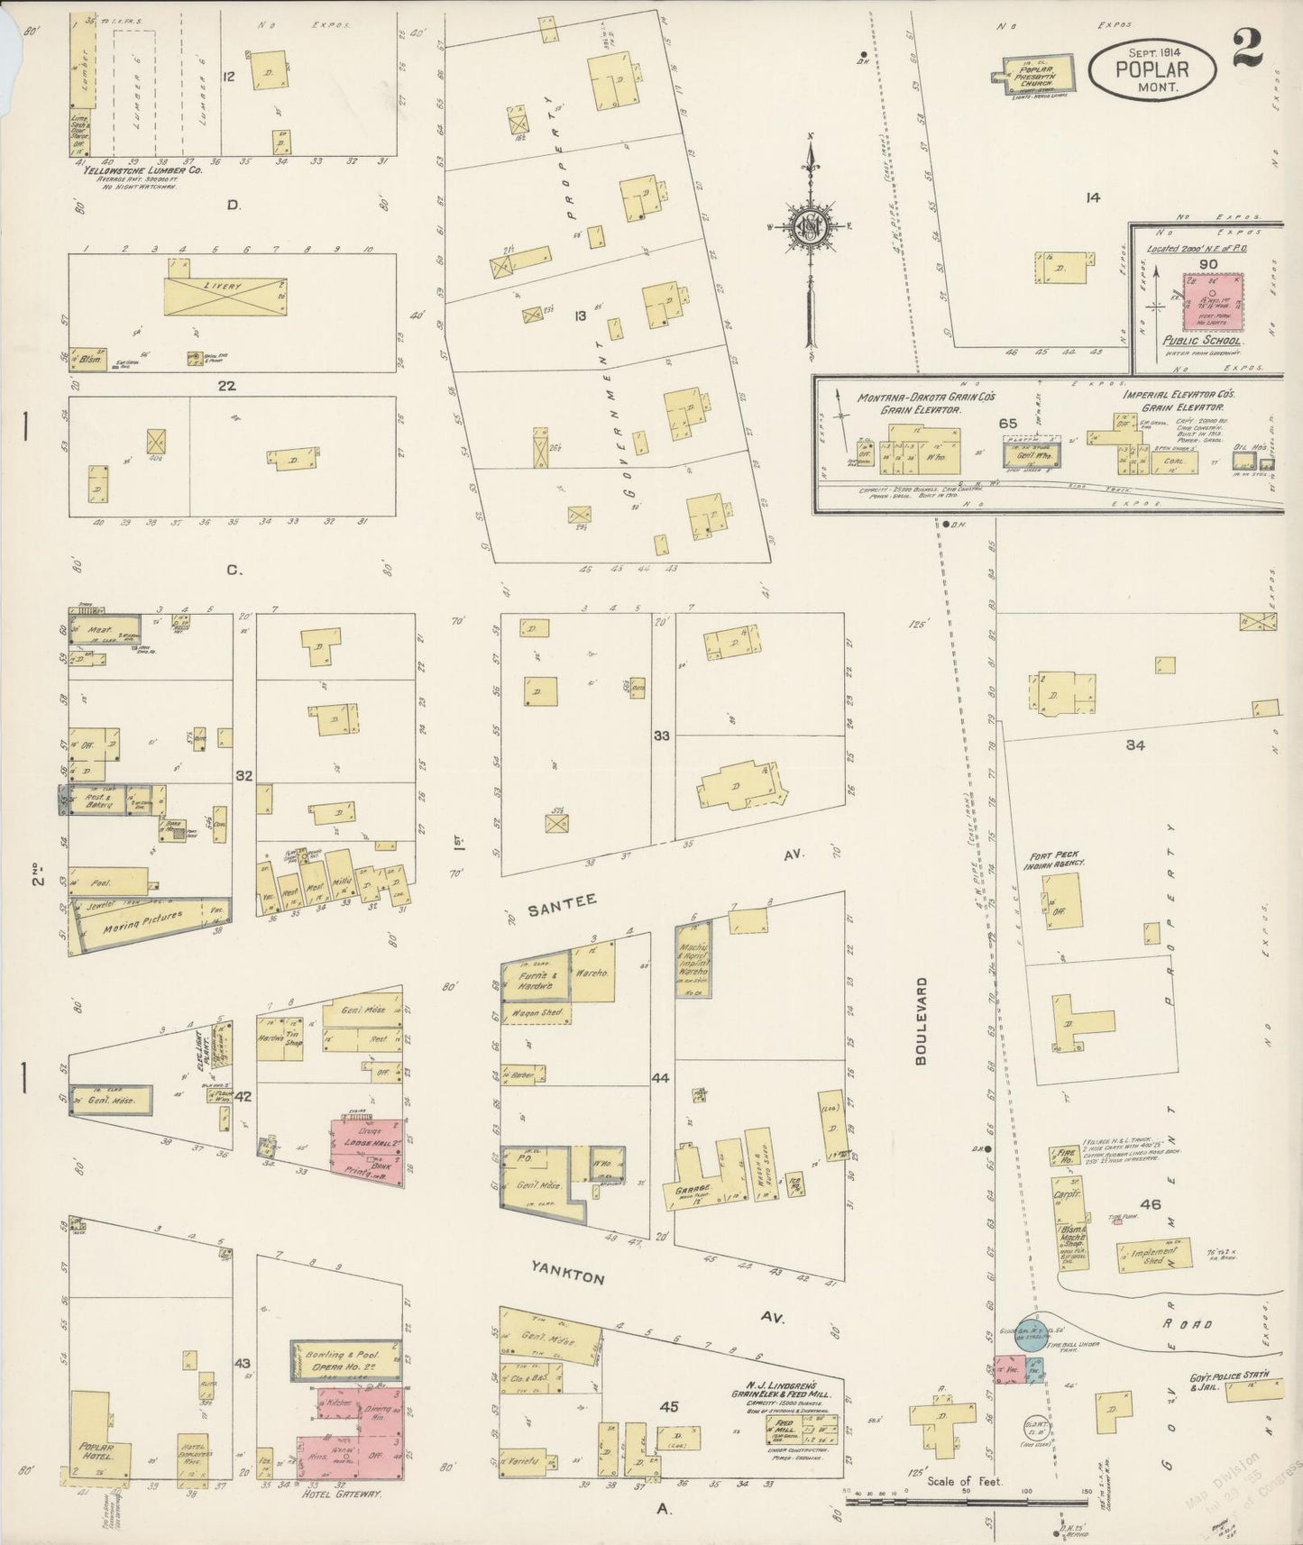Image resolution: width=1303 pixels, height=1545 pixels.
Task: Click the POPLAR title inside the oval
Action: pos(1152,69)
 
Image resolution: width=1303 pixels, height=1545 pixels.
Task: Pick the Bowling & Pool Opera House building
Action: pos(345,1360)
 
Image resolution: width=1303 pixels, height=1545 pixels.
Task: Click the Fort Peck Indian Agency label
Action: pos(1064,859)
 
